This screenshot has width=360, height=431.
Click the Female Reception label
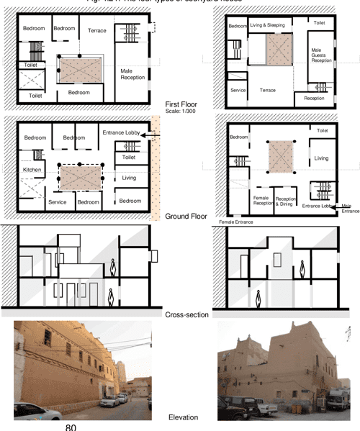click(x=263, y=201)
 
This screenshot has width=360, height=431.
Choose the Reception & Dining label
click(x=287, y=201)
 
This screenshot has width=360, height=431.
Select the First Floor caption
click(x=181, y=104)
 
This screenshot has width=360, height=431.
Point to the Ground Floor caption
click(x=186, y=216)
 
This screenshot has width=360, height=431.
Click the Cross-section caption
click(x=186, y=314)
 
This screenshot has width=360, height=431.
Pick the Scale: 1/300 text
click(x=181, y=112)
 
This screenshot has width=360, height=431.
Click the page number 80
click(x=70, y=426)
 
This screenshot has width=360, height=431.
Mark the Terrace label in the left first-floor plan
click(x=97, y=31)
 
